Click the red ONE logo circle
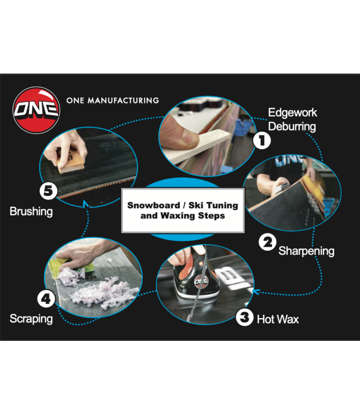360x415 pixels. click(37, 110)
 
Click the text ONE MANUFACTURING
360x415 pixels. click(112, 101)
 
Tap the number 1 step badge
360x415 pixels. click(262, 141)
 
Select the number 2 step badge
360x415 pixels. click(268, 242)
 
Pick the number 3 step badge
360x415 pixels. click(244, 317)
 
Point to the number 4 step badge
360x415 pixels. click(47, 299)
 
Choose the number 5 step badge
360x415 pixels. click(49, 191)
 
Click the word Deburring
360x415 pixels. click(292, 127)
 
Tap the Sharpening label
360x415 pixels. click(306, 251)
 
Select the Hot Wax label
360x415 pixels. click(278, 319)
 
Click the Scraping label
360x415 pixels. click(31, 319)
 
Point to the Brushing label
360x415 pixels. click(31, 212)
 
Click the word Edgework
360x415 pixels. click(292, 113)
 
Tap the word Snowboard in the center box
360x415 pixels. click(153, 205)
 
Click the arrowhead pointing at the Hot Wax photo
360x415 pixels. click(255, 292)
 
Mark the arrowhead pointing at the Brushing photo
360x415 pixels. click(85, 204)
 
